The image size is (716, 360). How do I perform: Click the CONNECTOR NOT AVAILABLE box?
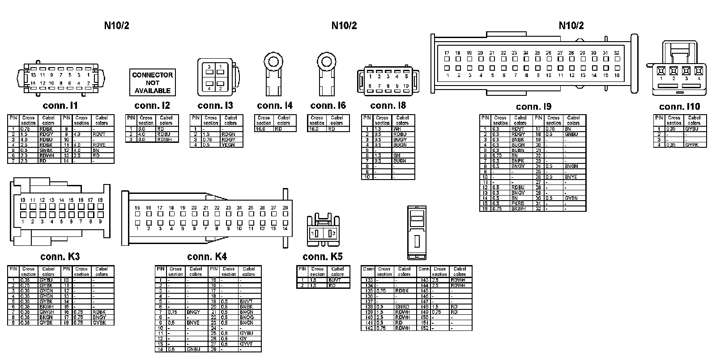click(152, 82)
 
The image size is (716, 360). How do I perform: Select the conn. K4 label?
click(207, 257)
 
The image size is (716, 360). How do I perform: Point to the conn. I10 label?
click(679, 107)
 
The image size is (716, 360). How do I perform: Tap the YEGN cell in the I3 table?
click(229, 145)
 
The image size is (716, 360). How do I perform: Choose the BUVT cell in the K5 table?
click(335, 280)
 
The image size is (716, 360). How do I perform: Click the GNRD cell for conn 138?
click(402, 307)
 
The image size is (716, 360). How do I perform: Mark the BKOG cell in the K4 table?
click(247, 317)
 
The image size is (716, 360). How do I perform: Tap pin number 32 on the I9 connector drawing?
click(616, 53)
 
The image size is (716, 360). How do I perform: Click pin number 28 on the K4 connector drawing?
click(285, 208)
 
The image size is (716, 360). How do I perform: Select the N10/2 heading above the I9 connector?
click(571, 26)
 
